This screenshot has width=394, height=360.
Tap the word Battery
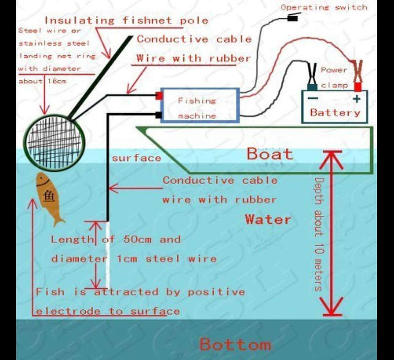tap(335, 112)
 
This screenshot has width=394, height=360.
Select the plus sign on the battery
tap(357, 98)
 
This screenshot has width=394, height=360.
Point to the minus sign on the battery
tap(313, 98)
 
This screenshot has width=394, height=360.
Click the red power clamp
tap(358, 75)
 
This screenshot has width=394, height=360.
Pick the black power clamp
tap(312, 77)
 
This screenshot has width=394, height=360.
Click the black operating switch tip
tap(292, 18)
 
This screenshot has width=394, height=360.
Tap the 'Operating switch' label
tap(324, 7)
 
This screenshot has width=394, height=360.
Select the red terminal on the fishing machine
tap(159, 96)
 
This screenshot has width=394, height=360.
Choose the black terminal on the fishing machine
tap(159, 115)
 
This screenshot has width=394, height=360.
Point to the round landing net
tap(54, 142)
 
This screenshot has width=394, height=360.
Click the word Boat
tap(270, 154)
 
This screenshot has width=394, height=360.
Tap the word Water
tap(268, 219)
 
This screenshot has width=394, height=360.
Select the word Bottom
tap(235, 344)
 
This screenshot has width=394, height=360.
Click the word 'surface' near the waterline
tap(136, 158)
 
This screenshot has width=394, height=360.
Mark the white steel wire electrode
tap(107, 255)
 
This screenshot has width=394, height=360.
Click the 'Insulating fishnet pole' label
tap(127, 20)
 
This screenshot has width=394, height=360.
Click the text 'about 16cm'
tap(42, 81)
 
